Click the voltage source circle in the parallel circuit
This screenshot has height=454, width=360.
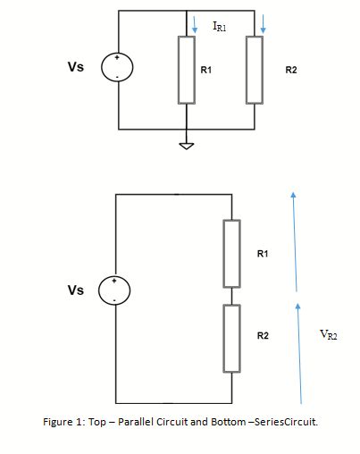pos(118,70)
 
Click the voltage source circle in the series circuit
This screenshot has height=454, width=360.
pos(118,290)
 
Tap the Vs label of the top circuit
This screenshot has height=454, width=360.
pos(76,67)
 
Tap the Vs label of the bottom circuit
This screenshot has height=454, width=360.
pos(76,290)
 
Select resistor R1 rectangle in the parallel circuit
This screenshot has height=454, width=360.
pos(186,70)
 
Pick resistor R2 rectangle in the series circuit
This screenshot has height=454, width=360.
pos(232,337)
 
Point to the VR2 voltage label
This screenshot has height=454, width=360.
pos(328,335)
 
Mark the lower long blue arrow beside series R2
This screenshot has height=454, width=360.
pos(299,352)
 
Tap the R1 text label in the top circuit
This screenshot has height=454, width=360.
pos(205,69)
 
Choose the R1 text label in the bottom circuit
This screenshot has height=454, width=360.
pos(262,255)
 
